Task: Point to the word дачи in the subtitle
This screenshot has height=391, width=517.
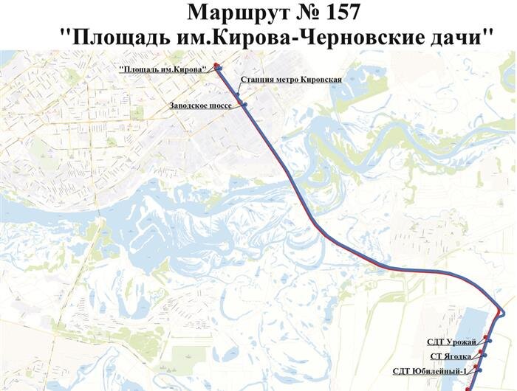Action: tap(462, 37)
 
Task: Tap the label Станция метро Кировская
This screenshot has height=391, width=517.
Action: tap(290, 78)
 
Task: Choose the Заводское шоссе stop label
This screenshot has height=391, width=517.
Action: tap(200, 105)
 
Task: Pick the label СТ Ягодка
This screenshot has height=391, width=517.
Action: tap(452, 356)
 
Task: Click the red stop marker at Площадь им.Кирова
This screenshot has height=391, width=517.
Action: tap(216, 66)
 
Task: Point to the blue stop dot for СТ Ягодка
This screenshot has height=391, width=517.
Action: tap(485, 355)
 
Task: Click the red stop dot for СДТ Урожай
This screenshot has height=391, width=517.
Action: tap(485, 336)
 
